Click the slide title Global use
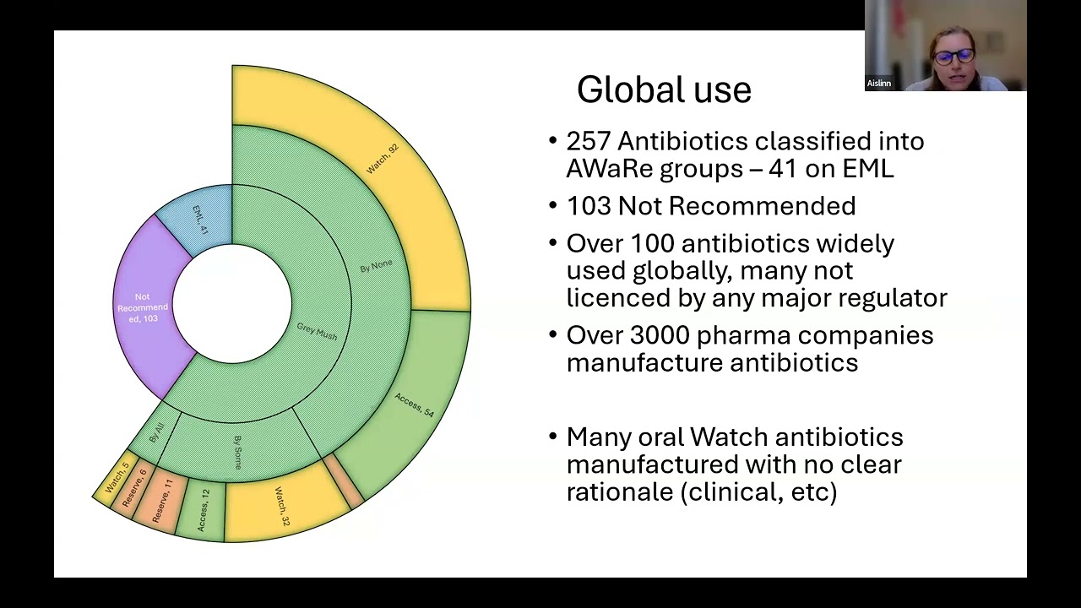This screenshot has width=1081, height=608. (x=664, y=90)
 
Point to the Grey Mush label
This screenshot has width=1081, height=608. (x=317, y=331)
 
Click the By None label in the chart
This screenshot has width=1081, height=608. (x=376, y=267)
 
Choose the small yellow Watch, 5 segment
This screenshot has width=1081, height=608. (x=116, y=479)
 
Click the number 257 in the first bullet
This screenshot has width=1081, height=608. (x=589, y=141)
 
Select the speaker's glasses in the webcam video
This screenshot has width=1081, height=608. (x=953, y=57)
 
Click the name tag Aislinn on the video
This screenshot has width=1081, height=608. (x=878, y=84)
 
